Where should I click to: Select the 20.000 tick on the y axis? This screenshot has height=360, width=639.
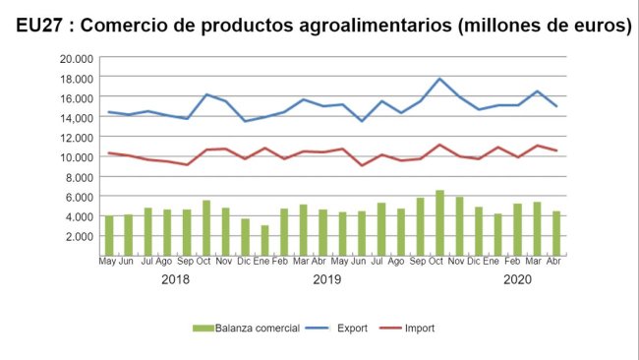coord(76,58)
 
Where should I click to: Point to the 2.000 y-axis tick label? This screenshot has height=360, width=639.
coord(79,236)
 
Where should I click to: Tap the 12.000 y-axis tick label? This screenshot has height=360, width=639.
coord(76,137)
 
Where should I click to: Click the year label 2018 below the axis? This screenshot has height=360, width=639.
coord(174,280)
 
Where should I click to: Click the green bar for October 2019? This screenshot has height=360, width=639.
coord(440,223)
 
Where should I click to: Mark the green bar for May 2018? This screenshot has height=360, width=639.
coord(109,235)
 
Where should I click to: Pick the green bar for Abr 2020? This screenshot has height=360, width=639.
coord(556,233)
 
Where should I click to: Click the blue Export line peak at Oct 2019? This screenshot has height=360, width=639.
coord(440,79)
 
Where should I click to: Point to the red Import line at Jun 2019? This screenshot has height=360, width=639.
coord(363,165)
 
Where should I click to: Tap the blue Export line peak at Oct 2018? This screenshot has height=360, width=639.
coord(206,94)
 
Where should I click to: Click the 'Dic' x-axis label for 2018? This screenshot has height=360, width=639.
coord(245,263)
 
